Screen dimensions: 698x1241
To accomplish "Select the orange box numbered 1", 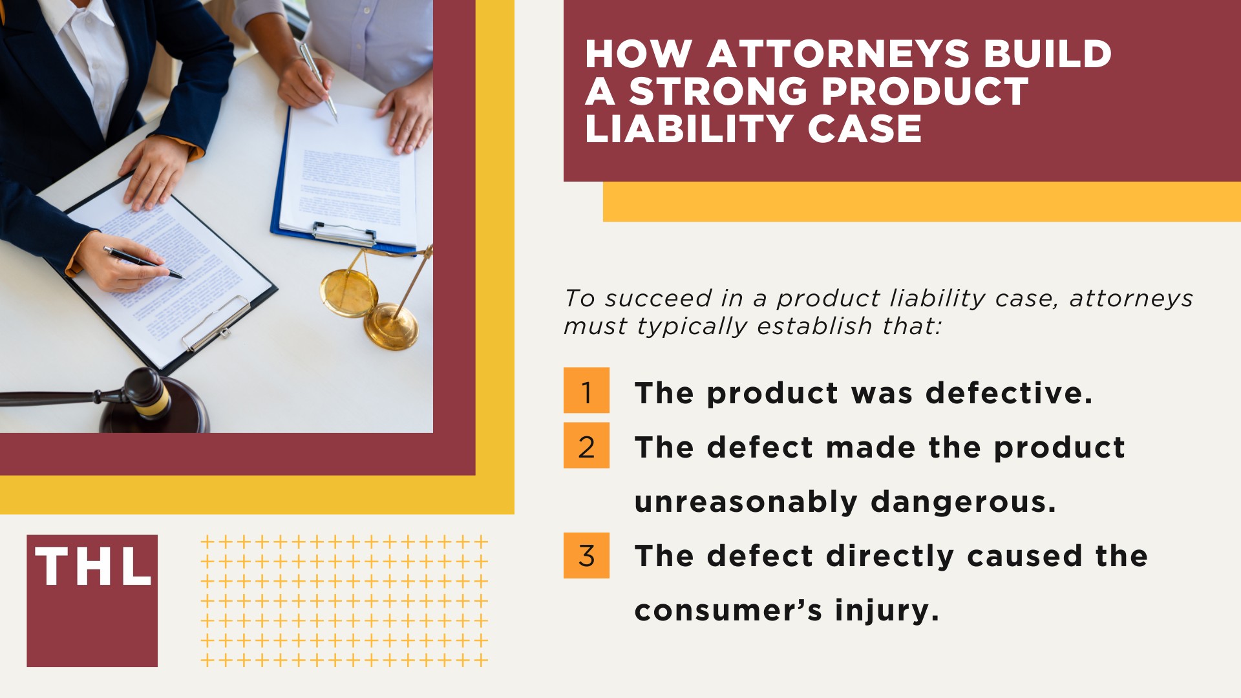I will [586, 390].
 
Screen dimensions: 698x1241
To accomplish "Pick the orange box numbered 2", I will [586, 445].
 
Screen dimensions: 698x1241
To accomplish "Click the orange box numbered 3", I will [586, 555].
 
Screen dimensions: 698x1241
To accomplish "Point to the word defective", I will [1009, 393].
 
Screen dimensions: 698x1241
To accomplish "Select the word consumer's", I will [728, 611].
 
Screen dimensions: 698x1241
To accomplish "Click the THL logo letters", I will [92, 567].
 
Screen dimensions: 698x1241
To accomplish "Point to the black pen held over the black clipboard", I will [142, 262].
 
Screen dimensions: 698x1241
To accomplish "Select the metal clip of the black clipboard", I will [216, 324].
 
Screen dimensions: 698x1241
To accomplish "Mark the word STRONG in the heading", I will [721, 92].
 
